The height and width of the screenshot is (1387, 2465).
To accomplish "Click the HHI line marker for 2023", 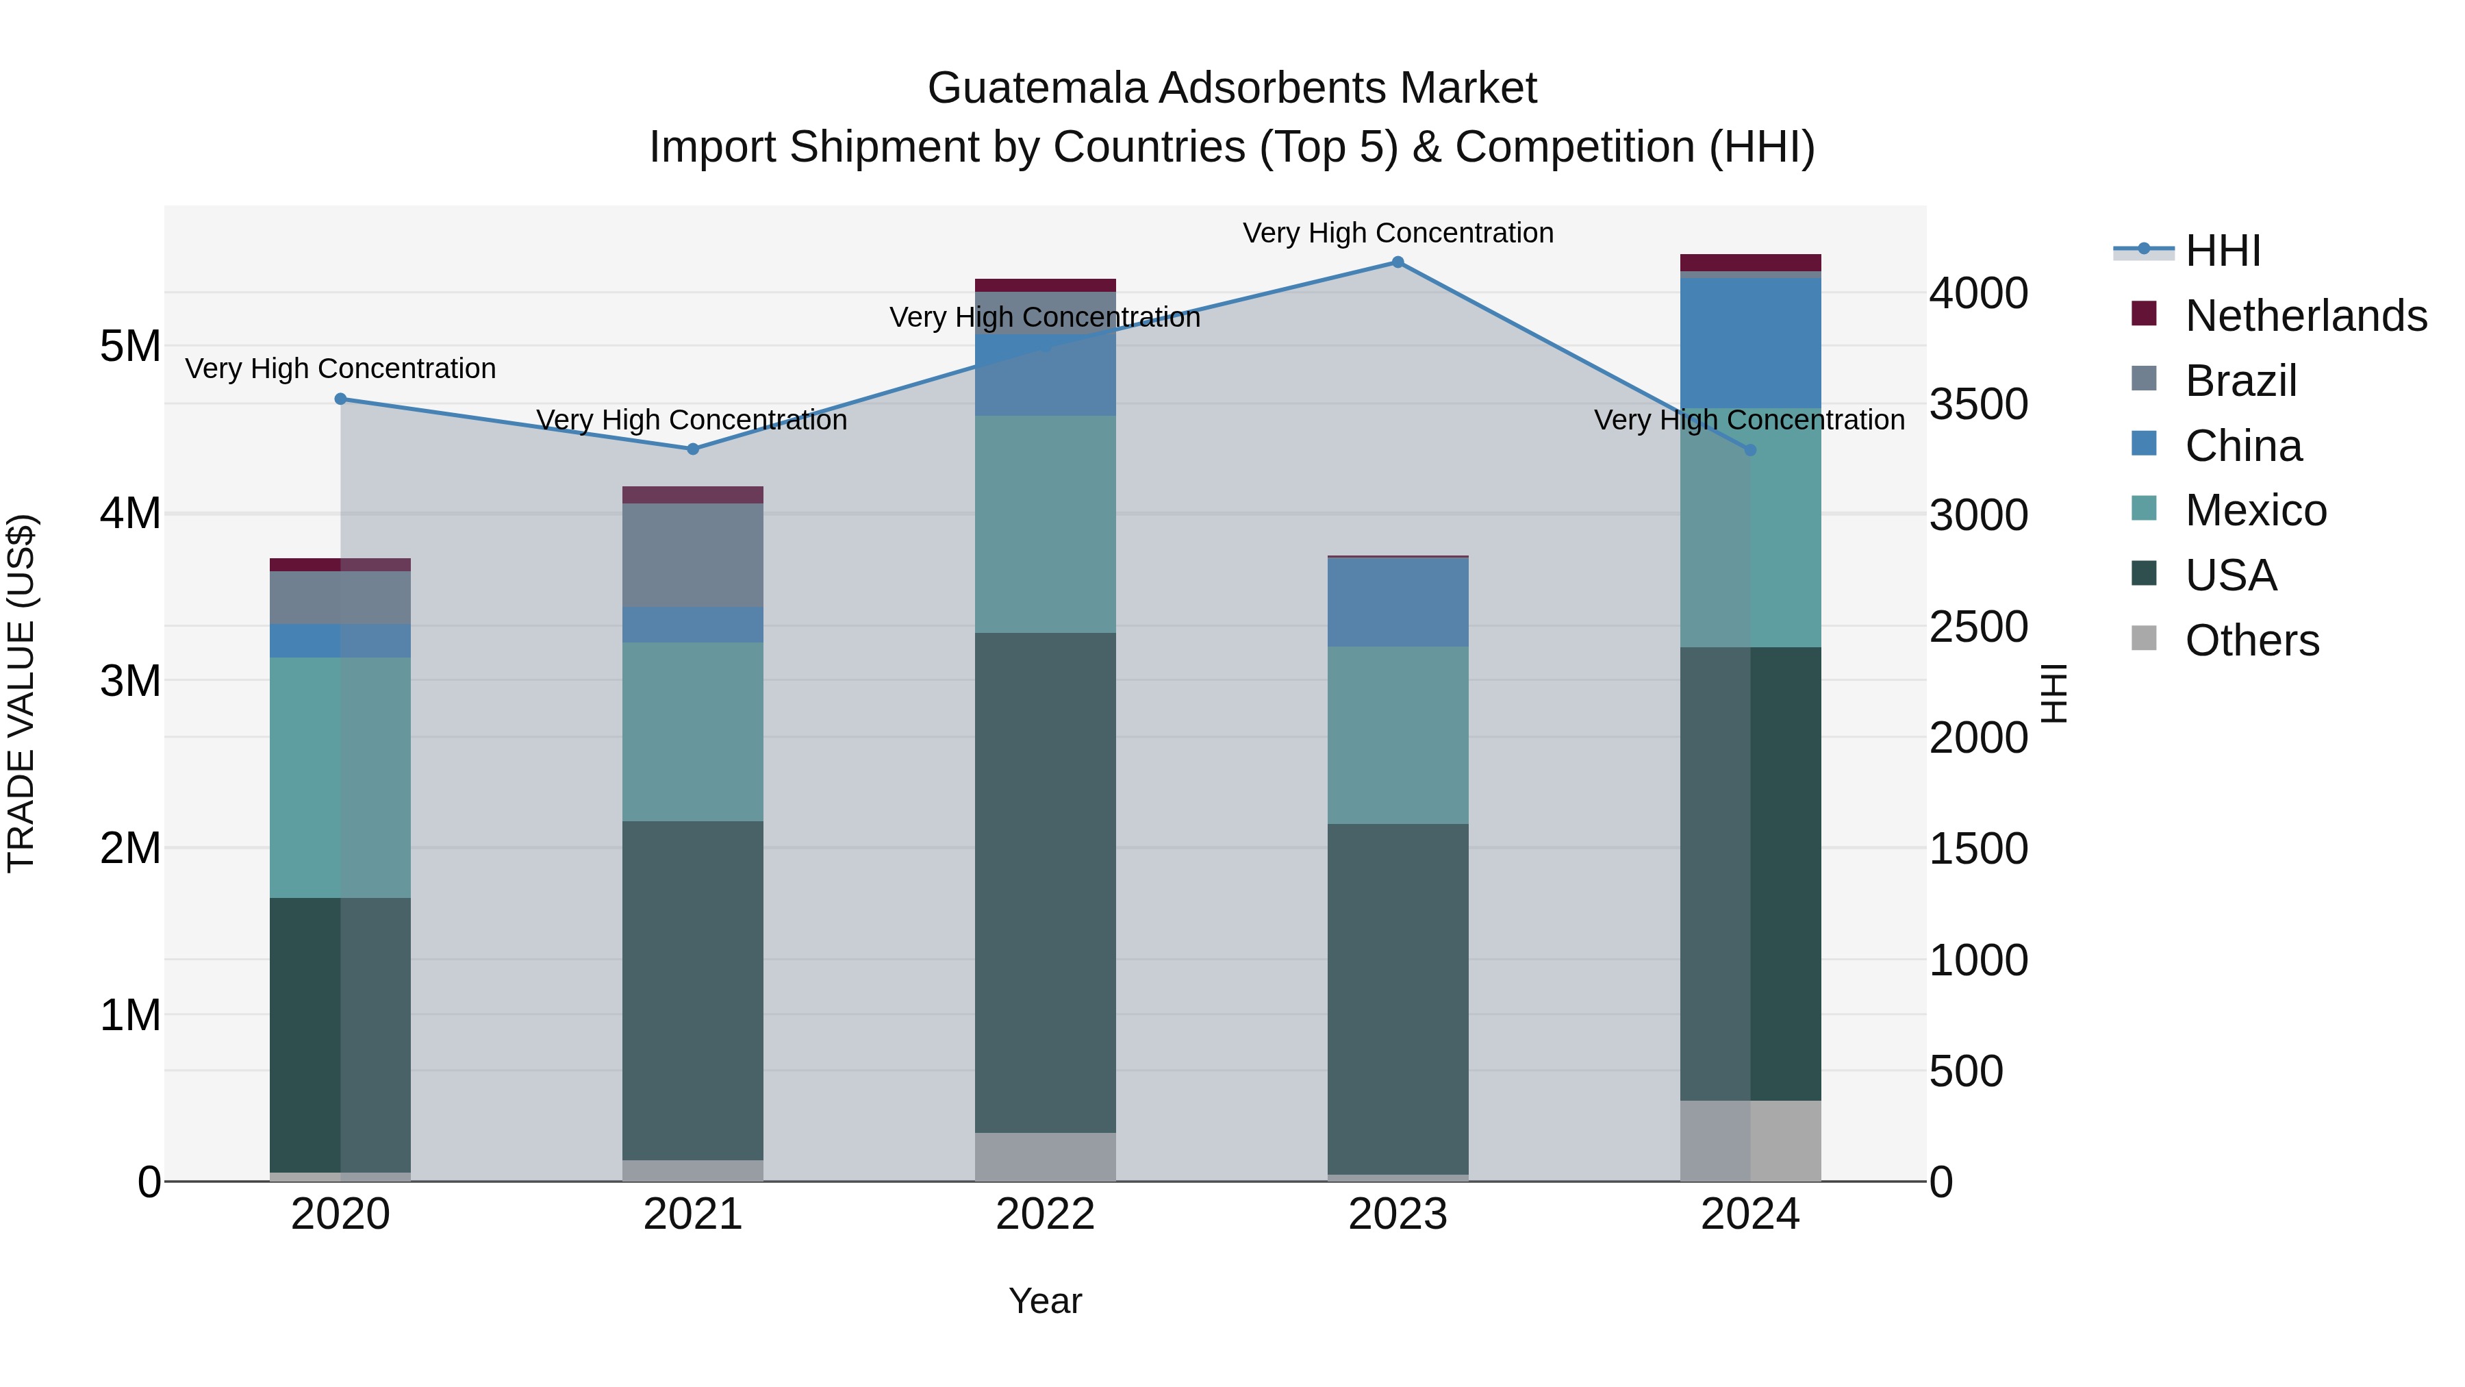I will [1397, 262].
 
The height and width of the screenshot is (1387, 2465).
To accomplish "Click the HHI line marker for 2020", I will [341, 399].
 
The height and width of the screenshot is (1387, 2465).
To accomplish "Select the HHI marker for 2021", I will [693, 449].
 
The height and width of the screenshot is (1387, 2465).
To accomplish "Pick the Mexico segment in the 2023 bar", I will [1397, 734].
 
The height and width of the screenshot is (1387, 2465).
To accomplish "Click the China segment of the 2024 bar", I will [1750, 342].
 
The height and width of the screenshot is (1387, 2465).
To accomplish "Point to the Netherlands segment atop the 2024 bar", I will [1750, 262].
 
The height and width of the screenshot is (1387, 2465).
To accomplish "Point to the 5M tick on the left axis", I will [130, 347].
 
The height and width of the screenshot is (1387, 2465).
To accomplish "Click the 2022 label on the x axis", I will [1045, 1214].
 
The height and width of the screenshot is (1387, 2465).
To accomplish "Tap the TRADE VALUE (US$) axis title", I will [22, 693].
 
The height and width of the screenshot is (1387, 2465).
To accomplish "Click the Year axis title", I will [1045, 1301].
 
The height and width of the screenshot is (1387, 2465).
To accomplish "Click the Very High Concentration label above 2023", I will [1397, 233].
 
